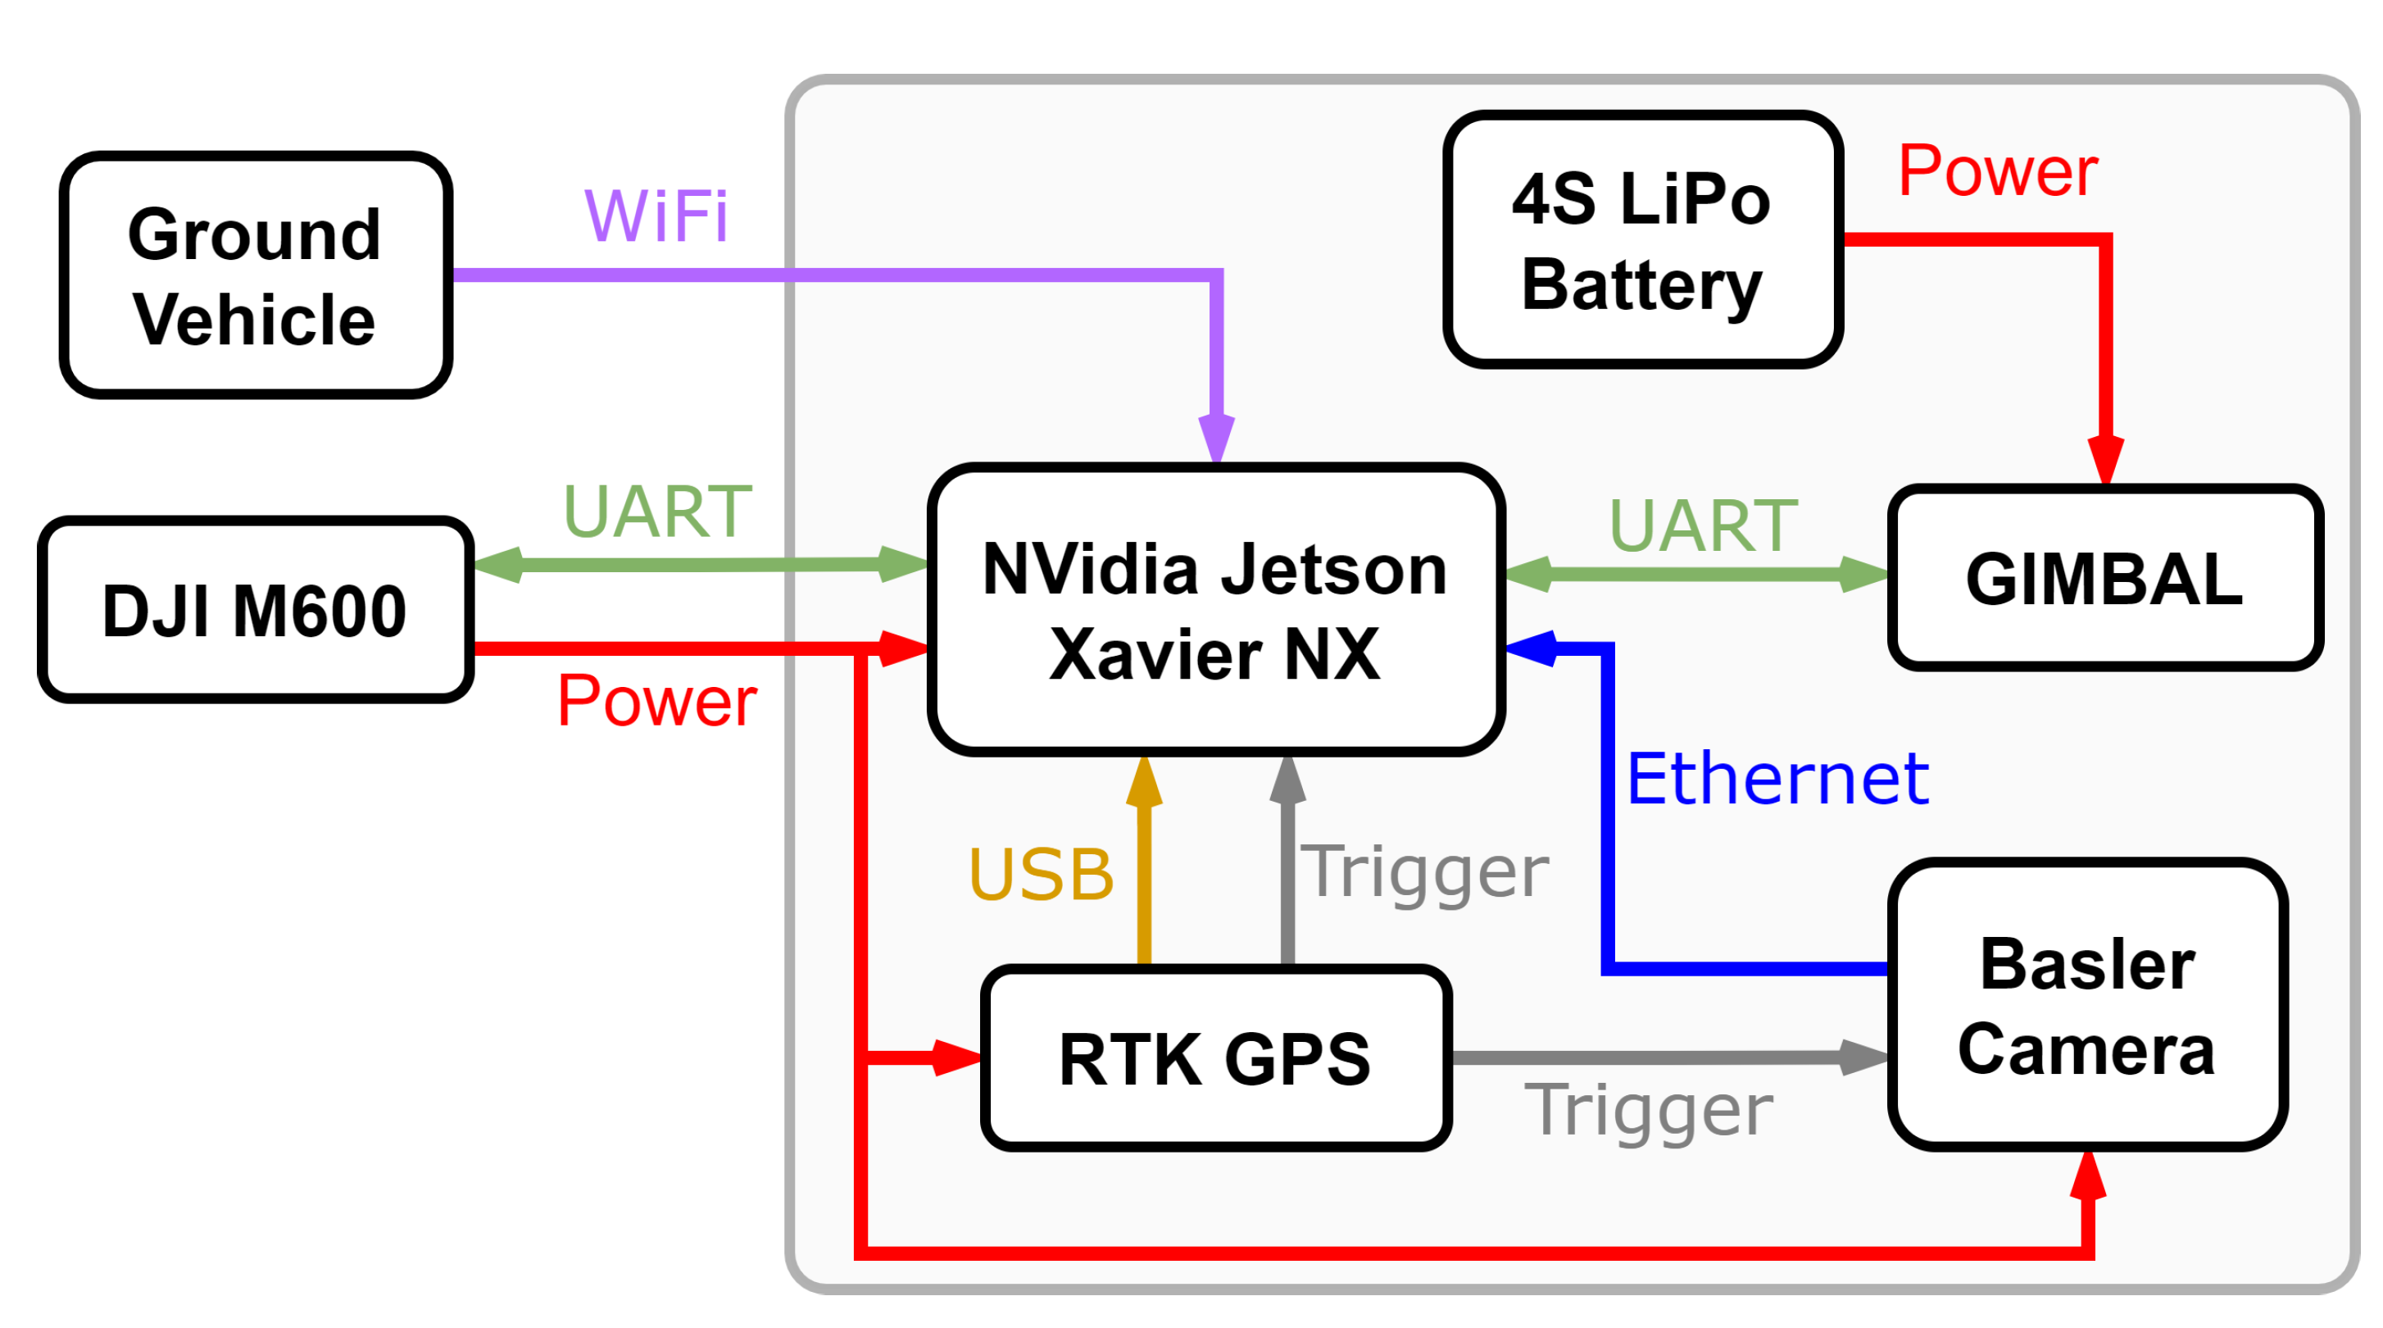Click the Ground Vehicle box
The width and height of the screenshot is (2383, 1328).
[256, 275]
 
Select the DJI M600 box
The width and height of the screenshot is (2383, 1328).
[256, 611]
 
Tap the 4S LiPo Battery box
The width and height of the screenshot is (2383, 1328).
[1641, 241]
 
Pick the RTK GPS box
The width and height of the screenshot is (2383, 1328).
[1214, 1058]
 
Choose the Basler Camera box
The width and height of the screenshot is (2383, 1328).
[2086, 1007]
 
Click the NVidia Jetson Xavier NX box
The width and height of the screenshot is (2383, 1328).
[1214, 611]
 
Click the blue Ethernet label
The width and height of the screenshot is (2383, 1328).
[1776, 780]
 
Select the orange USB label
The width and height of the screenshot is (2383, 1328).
[1041, 875]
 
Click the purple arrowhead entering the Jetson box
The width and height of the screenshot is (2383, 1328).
[1216, 439]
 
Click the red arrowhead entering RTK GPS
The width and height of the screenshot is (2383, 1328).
[957, 1057]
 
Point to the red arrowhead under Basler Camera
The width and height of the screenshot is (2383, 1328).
[2088, 1176]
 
